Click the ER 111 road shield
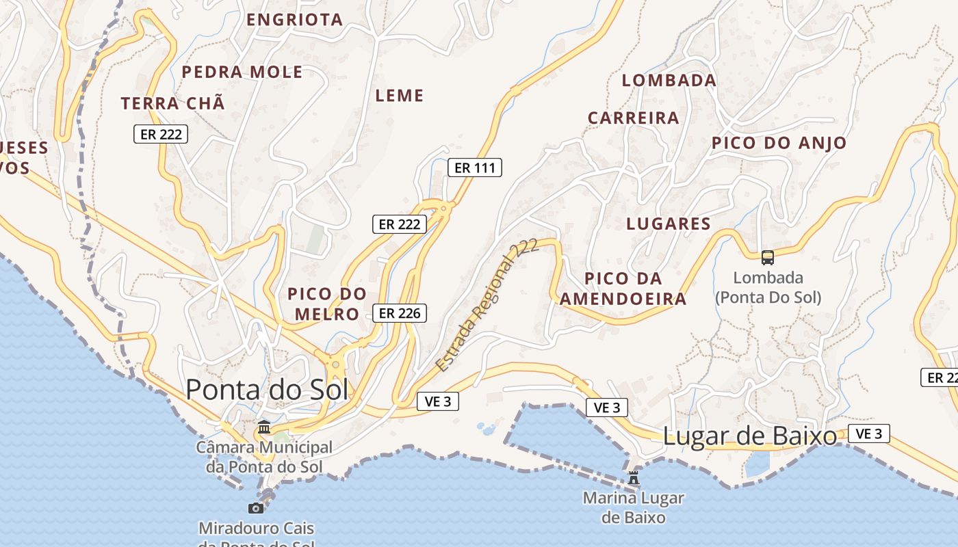474,168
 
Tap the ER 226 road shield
400,313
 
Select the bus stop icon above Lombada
768,257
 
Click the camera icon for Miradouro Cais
256,508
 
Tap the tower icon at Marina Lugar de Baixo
634,477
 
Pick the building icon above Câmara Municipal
264,427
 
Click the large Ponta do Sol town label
267,390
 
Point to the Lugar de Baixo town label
750,436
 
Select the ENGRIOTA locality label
294,20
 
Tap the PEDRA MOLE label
242,72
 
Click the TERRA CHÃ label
173,104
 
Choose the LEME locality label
400,96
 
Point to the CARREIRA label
634,118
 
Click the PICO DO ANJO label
779,143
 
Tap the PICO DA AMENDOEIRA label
623,289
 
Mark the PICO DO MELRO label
327,304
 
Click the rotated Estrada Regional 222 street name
487,306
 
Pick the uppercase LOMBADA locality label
669,80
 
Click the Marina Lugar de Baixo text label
634,507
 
